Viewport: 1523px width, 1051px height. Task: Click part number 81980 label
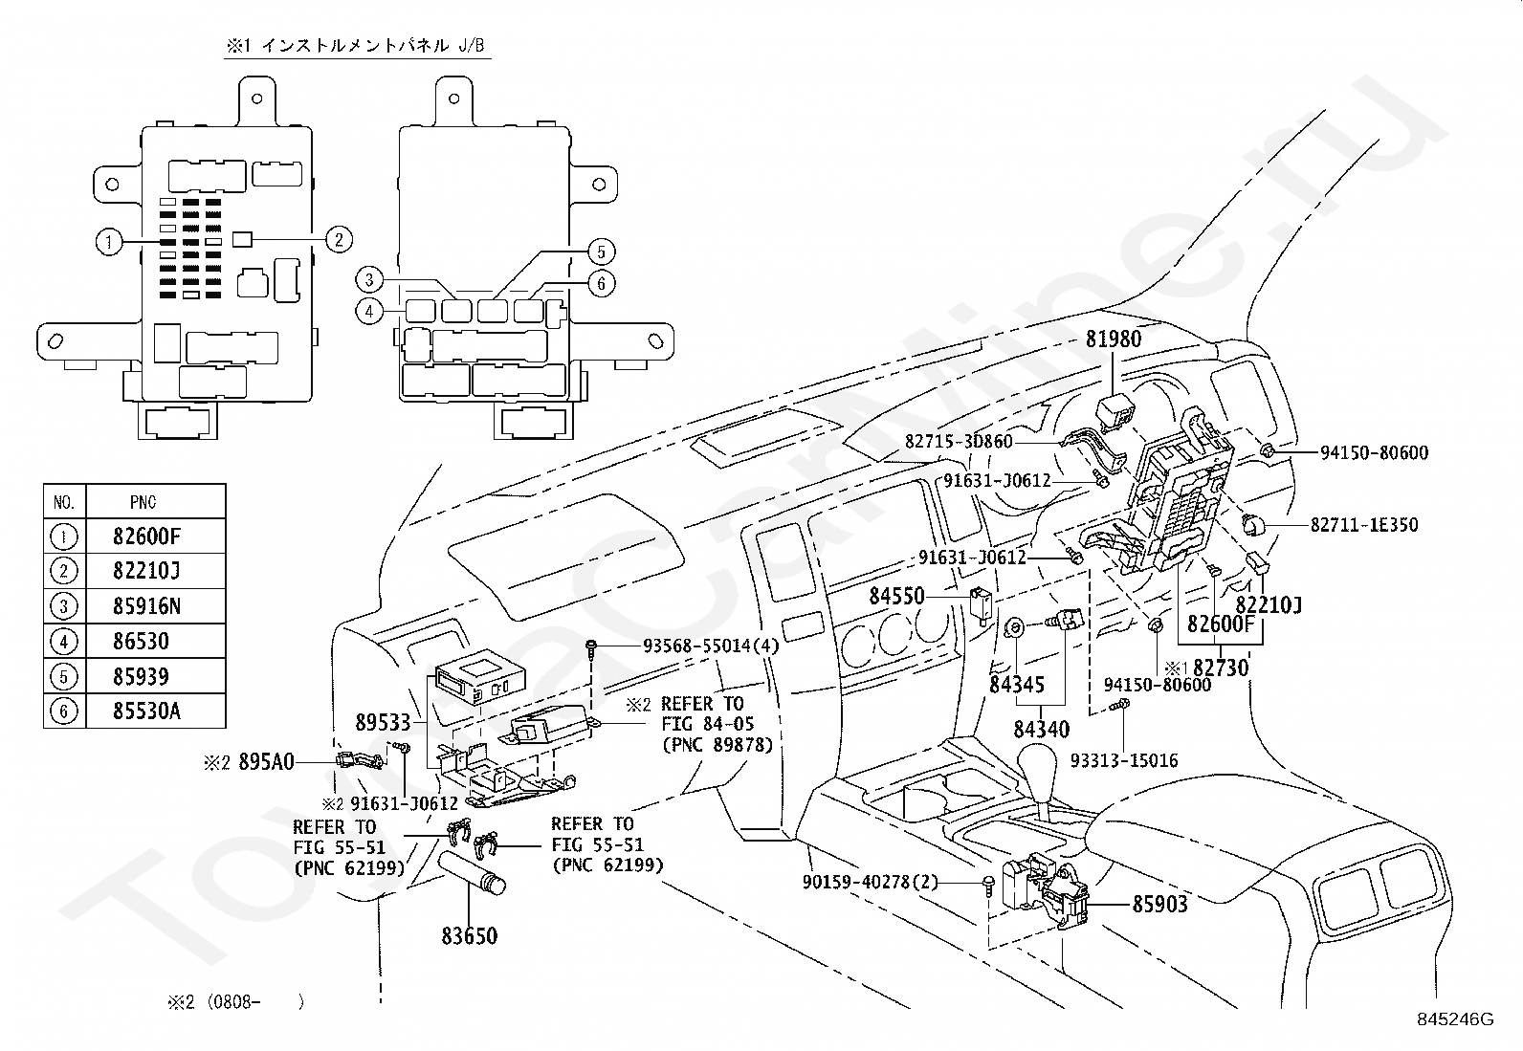1113,339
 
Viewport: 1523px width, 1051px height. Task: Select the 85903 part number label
1159,904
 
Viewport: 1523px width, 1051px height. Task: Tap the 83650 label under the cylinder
469,936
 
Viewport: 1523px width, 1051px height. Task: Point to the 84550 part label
896,596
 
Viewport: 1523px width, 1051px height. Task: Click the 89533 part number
383,722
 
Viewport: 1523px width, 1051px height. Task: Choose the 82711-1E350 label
1364,525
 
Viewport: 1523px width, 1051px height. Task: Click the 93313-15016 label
1124,760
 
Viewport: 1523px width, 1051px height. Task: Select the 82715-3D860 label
959,441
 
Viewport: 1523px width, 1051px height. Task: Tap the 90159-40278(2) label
871,882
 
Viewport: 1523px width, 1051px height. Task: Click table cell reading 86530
141,641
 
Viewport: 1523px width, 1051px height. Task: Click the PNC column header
143,502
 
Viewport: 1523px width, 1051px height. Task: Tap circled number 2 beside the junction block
339,239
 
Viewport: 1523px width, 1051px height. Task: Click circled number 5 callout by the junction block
601,252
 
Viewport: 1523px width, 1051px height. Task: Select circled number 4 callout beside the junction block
369,312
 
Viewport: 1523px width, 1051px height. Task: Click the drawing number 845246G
1455,1019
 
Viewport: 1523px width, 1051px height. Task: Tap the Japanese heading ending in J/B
356,46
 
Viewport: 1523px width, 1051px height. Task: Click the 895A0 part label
266,762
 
